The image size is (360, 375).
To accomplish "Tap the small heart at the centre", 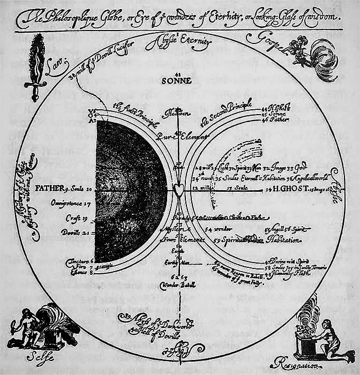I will click(180, 189).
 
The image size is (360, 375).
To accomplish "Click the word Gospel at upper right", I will click(266, 46).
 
